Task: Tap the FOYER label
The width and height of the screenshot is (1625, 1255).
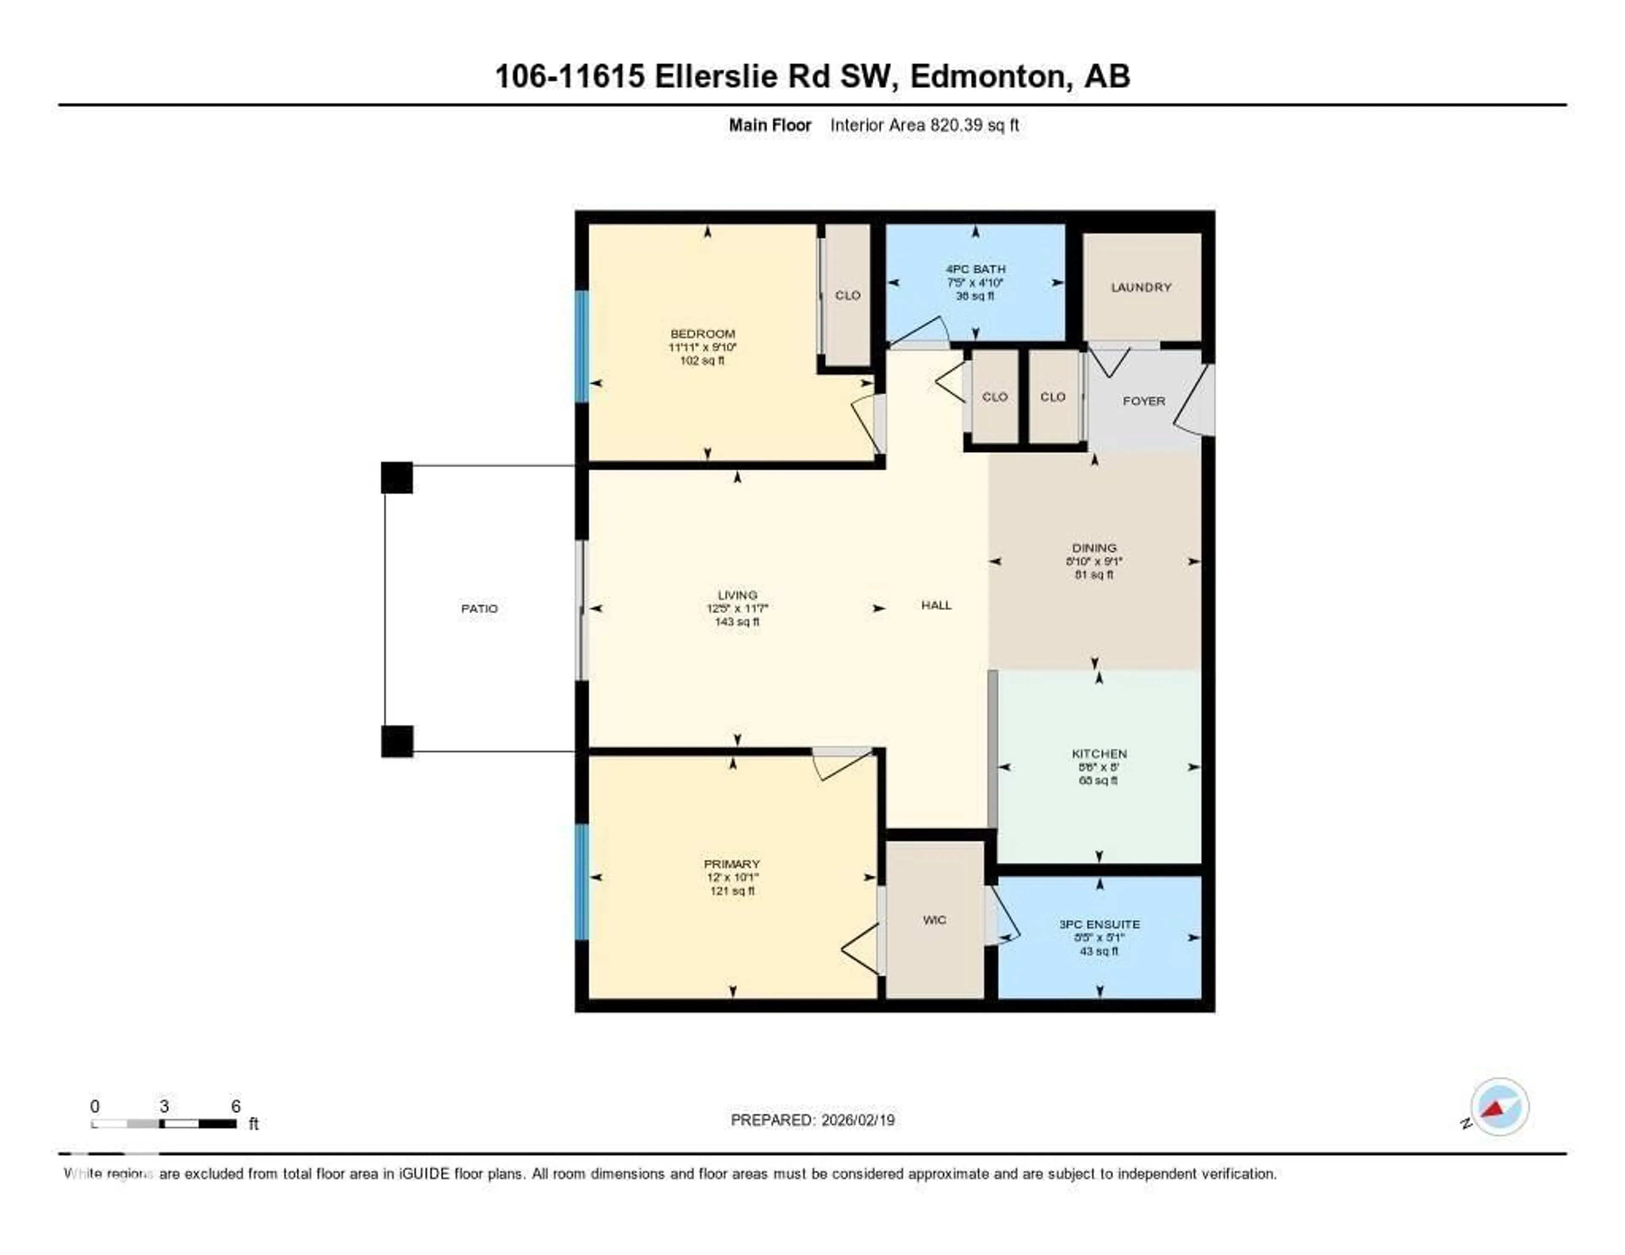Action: (1143, 401)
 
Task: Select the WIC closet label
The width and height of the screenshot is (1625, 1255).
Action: (934, 920)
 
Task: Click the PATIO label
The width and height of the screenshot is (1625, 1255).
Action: (479, 608)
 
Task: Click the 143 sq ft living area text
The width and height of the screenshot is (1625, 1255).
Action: (737, 622)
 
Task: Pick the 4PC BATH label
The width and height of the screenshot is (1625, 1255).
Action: (975, 269)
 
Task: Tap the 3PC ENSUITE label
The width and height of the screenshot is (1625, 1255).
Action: (1099, 924)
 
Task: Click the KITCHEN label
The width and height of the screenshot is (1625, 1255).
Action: (1099, 754)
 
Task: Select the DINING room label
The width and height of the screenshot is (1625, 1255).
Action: (1094, 548)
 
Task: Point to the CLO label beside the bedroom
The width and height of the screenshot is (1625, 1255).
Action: (848, 295)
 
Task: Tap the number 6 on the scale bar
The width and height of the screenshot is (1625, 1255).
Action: (235, 1106)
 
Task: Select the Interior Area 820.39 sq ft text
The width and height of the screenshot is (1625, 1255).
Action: (924, 125)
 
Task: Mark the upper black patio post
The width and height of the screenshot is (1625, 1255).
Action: (397, 478)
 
